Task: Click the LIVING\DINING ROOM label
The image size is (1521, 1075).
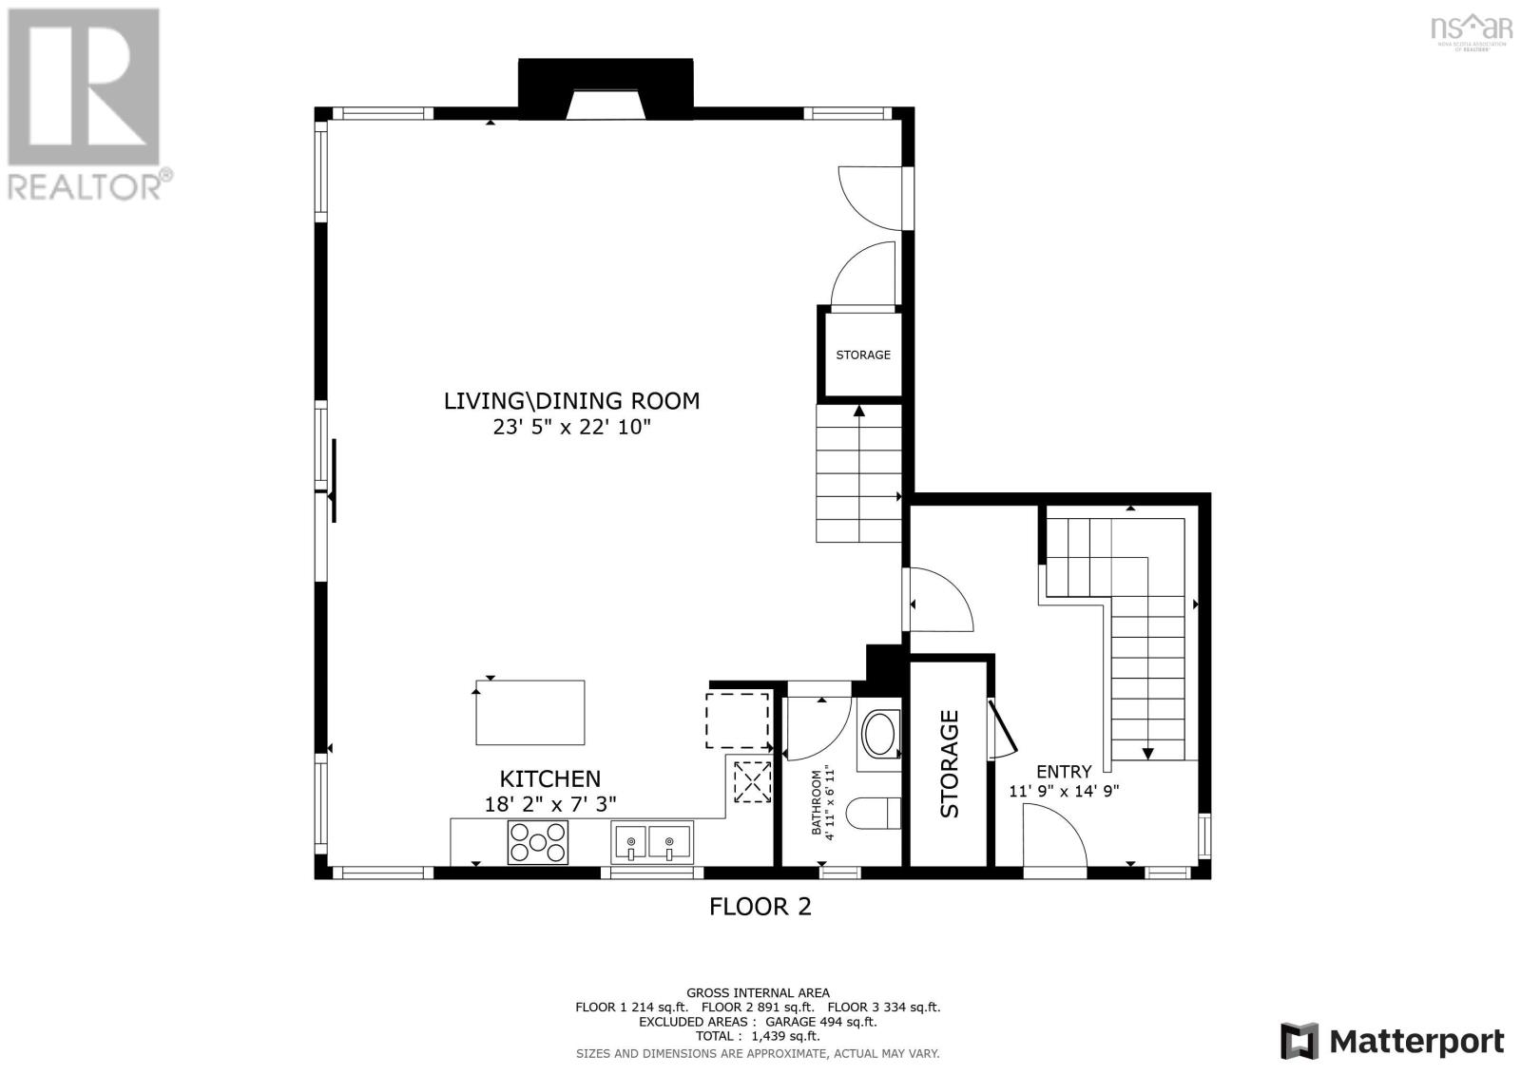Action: [571, 401]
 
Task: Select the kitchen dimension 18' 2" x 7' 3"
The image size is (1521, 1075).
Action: [550, 804]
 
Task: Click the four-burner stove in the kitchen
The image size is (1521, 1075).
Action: [538, 842]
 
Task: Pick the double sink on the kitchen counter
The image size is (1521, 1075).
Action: [652, 842]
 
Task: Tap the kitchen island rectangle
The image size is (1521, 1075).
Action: [530, 713]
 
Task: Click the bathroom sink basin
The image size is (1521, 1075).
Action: [878, 735]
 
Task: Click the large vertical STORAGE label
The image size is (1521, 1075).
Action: [950, 763]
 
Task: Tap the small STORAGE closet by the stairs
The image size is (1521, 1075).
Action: [862, 355]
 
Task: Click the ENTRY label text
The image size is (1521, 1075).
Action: [1063, 772]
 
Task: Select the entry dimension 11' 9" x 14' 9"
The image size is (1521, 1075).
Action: [1063, 791]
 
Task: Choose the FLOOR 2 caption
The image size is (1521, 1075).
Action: [760, 907]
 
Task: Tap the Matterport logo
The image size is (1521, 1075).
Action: [1392, 1041]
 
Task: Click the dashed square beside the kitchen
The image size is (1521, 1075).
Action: [737, 720]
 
